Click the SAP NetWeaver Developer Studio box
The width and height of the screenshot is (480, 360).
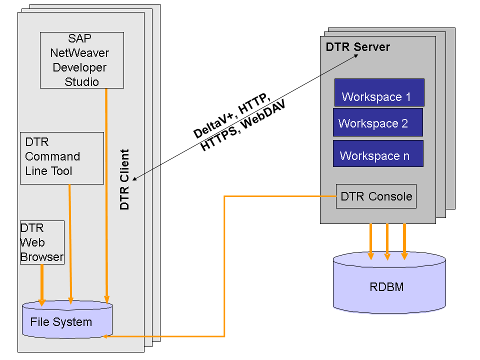click(81, 60)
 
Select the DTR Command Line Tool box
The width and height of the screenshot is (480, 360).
click(62, 158)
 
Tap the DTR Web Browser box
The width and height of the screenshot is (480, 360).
click(42, 242)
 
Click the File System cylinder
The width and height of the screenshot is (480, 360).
click(67, 320)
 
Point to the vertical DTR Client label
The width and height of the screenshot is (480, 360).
click(125, 179)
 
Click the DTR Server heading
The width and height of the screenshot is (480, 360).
click(357, 47)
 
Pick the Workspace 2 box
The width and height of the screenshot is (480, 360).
click(377, 122)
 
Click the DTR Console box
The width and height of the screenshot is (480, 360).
click(376, 196)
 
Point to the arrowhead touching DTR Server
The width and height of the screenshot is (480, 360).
click(356, 56)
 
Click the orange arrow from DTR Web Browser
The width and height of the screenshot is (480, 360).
click(42, 282)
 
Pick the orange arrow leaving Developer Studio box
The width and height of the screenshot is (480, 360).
click(106, 195)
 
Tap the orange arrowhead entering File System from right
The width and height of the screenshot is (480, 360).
click(105, 336)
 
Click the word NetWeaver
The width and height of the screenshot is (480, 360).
click(79, 52)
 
